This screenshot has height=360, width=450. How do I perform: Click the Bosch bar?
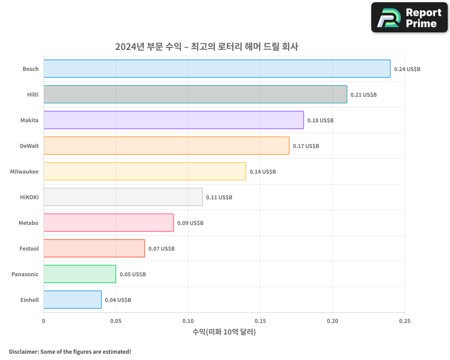(x=217, y=69)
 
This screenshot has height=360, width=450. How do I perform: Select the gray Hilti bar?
(x=195, y=94)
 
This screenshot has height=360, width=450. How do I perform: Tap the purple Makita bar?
(x=174, y=120)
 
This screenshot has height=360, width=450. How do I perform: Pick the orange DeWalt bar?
(x=166, y=146)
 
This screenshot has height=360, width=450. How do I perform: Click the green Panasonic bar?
(x=80, y=274)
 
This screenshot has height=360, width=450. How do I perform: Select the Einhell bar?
(x=72, y=300)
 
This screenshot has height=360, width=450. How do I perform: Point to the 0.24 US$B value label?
(x=407, y=69)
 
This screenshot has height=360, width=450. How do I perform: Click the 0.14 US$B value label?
(x=262, y=172)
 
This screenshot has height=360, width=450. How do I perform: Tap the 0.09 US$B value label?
(x=190, y=223)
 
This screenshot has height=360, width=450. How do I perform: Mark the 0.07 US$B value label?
(x=161, y=249)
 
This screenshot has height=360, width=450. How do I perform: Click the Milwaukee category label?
(x=24, y=171)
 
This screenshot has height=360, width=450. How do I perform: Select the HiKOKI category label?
(x=29, y=197)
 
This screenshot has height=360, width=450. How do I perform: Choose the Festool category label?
(x=29, y=248)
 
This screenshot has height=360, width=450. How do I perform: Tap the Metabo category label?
(x=29, y=223)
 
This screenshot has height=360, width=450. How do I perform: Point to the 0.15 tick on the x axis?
(x=260, y=321)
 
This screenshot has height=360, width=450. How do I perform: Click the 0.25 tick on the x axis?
(x=405, y=321)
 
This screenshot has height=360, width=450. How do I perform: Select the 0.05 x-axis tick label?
(x=116, y=321)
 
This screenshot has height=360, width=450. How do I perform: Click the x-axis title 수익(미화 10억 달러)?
(x=224, y=332)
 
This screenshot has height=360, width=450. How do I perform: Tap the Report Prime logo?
(x=409, y=18)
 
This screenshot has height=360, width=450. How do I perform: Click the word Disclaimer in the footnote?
(x=23, y=351)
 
